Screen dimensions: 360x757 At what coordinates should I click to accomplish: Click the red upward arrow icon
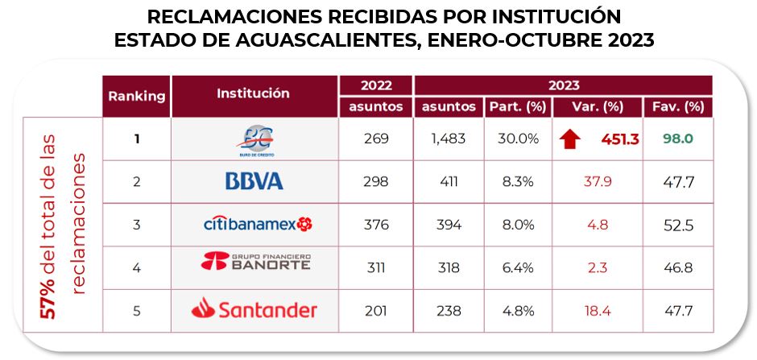(570, 139)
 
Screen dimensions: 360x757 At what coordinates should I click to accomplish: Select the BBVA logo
(254, 181)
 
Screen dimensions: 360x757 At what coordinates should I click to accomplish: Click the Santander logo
(254, 308)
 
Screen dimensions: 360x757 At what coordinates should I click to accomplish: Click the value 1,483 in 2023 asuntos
(448, 139)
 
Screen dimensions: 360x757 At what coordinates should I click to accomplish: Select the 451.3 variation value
(619, 139)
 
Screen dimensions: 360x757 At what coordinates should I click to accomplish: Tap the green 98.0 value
(677, 139)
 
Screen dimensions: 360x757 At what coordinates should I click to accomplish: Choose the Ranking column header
(137, 96)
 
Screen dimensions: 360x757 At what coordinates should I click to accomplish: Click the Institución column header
(253, 93)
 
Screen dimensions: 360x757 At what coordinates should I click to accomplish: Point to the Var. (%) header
(598, 106)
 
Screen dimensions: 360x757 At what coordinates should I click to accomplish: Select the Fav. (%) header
(677, 106)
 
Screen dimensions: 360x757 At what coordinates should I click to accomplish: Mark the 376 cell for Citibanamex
(375, 225)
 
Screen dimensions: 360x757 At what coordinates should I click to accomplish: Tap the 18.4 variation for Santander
(597, 310)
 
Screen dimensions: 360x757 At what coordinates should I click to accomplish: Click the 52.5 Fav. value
(677, 225)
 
